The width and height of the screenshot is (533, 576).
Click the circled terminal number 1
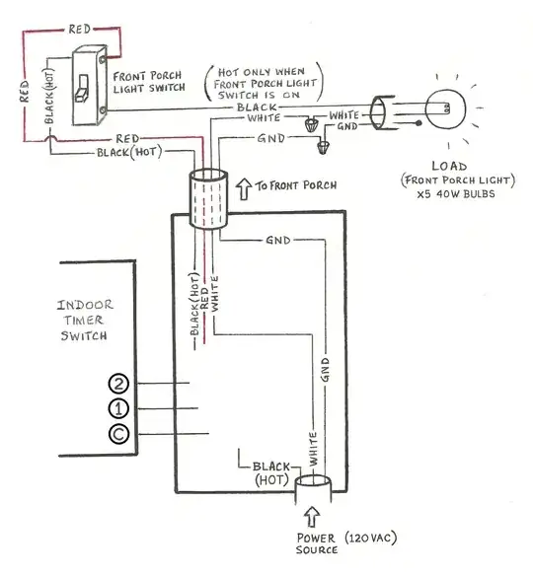[119, 407]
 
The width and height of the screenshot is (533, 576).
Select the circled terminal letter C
[119, 433]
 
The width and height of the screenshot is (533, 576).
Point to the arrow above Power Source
[313, 516]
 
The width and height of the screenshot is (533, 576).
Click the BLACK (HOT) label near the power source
[267, 471]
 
